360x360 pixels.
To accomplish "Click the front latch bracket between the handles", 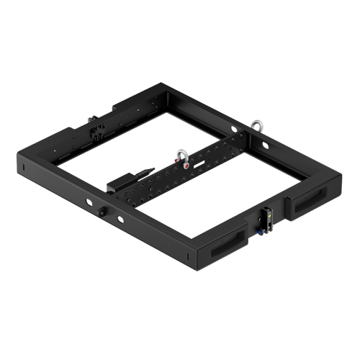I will [x=266, y=217].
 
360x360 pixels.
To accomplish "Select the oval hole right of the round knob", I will [x=120, y=217].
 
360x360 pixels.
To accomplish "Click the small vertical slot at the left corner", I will [x=23, y=168].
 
